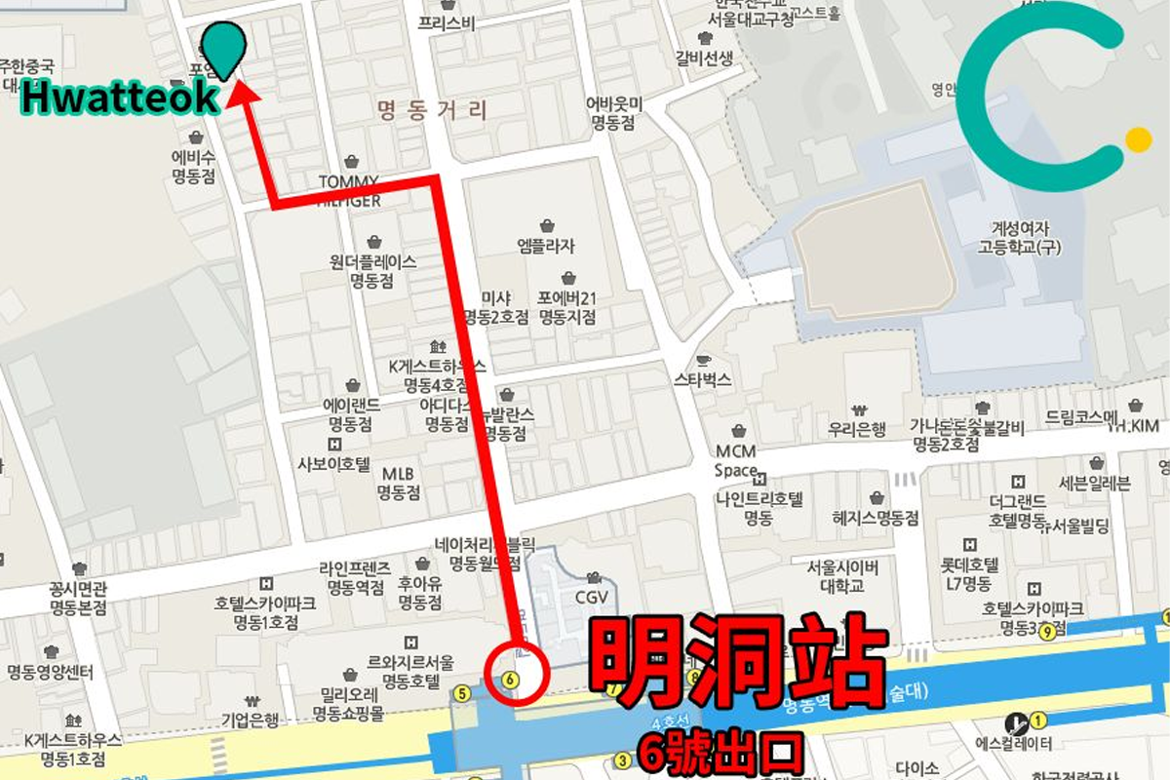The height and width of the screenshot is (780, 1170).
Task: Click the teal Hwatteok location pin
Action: click(225, 45)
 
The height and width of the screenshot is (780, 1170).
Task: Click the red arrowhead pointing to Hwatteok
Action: click(242, 94)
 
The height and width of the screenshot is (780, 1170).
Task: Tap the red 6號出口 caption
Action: click(721, 751)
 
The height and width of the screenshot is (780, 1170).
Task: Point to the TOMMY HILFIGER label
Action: click(349, 190)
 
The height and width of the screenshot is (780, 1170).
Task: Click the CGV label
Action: click(592, 594)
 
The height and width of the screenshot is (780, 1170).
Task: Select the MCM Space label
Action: click(737, 461)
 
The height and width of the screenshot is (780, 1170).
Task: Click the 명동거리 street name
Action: click(431, 108)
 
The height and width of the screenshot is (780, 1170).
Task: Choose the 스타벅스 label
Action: click(702, 379)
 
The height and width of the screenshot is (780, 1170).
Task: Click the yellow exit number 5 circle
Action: click(462, 693)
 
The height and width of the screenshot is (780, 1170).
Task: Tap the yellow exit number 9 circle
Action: click(1047, 631)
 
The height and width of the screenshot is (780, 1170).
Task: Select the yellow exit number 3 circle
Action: click(623, 760)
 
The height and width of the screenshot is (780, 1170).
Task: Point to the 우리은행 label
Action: click(857, 428)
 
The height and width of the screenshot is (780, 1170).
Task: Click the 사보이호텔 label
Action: click(334, 464)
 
